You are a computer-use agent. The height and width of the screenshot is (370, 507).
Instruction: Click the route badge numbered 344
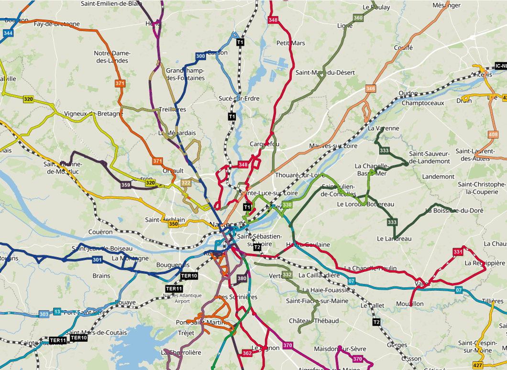[x=8, y=33]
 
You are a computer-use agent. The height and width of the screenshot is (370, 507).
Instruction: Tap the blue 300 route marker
[x=200, y=56]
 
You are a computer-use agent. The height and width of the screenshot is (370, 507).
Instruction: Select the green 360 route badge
[x=358, y=18]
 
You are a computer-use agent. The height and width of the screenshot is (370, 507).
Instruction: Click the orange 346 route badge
[x=370, y=88]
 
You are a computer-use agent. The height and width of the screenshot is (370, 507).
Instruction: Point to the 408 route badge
[x=493, y=135]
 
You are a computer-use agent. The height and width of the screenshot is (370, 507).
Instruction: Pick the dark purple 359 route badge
[x=126, y=185]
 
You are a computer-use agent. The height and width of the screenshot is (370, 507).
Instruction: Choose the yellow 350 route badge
[x=174, y=224]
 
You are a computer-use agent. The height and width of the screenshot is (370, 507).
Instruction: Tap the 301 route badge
[x=98, y=260]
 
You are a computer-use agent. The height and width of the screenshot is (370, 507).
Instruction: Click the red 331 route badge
[x=458, y=252]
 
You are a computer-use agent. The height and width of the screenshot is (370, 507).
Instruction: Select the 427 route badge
[x=477, y=365]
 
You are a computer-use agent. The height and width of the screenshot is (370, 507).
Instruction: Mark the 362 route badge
[x=247, y=353]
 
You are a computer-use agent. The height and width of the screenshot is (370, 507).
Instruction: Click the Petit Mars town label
[x=290, y=43]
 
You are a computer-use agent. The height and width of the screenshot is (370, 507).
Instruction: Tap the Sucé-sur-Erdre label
[x=239, y=98]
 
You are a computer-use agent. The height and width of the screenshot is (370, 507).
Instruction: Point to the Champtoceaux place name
[x=423, y=103]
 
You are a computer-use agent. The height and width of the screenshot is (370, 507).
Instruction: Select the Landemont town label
[x=438, y=177]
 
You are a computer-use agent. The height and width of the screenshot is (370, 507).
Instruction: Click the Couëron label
[x=100, y=232]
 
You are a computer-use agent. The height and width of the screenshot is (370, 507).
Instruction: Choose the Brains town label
[x=101, y=276]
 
